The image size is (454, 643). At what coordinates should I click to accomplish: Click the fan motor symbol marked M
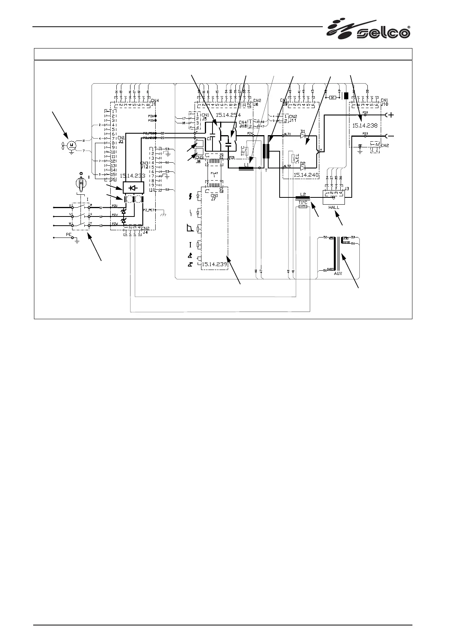[71, 144]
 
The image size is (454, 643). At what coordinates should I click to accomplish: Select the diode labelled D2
[303, 167]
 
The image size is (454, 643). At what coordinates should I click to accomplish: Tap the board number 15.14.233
[132, 176]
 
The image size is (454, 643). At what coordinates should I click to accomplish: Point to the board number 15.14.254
[228, 115]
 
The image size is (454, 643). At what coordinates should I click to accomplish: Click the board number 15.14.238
[364, 125]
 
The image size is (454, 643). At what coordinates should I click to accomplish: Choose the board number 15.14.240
[306, 175]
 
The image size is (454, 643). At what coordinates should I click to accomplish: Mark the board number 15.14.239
[214, 264]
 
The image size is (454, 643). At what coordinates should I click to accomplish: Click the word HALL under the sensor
[334, 207]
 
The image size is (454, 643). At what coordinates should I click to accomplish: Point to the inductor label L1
[246, 165]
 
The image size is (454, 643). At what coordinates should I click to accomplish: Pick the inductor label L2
[303, 194]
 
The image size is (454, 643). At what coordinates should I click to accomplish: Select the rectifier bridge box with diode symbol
[132, 188]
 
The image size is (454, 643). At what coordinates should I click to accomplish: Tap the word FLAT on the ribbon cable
[214, 173]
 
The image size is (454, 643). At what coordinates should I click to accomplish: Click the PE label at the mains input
[69, 234]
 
